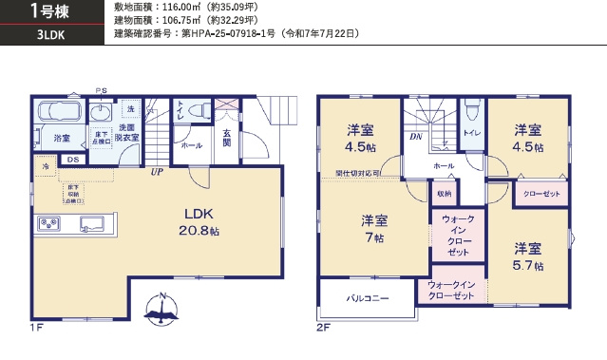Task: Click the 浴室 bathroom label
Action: (62, 139)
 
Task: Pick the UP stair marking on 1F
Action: (155, 172)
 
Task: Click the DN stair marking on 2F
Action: (416, 137)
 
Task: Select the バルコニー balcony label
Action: (367, 298)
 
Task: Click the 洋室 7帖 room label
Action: (373, 228)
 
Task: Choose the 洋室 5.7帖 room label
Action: (528, 256)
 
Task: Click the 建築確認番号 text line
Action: (236, 33)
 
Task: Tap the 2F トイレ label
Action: (472, 133)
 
